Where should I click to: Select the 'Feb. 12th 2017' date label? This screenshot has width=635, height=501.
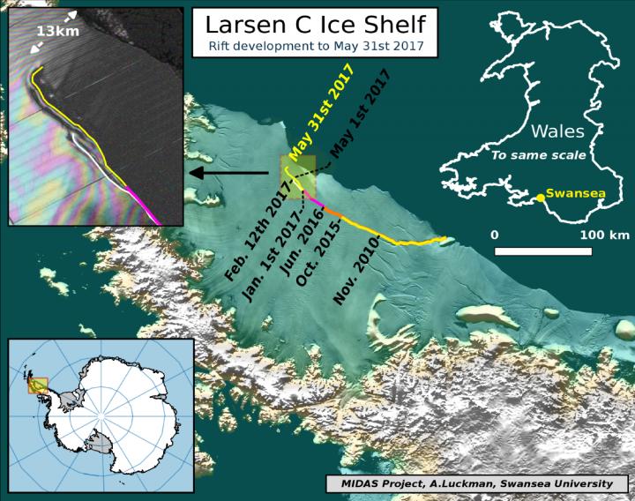click(257, 235)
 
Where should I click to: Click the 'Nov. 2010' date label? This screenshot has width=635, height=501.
click(357, 272)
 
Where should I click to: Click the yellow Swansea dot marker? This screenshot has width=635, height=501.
click(540, 198)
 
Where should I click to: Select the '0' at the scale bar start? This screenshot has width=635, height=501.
click(496, 236)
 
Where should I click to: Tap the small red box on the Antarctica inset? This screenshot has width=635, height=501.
click(38, 385)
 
